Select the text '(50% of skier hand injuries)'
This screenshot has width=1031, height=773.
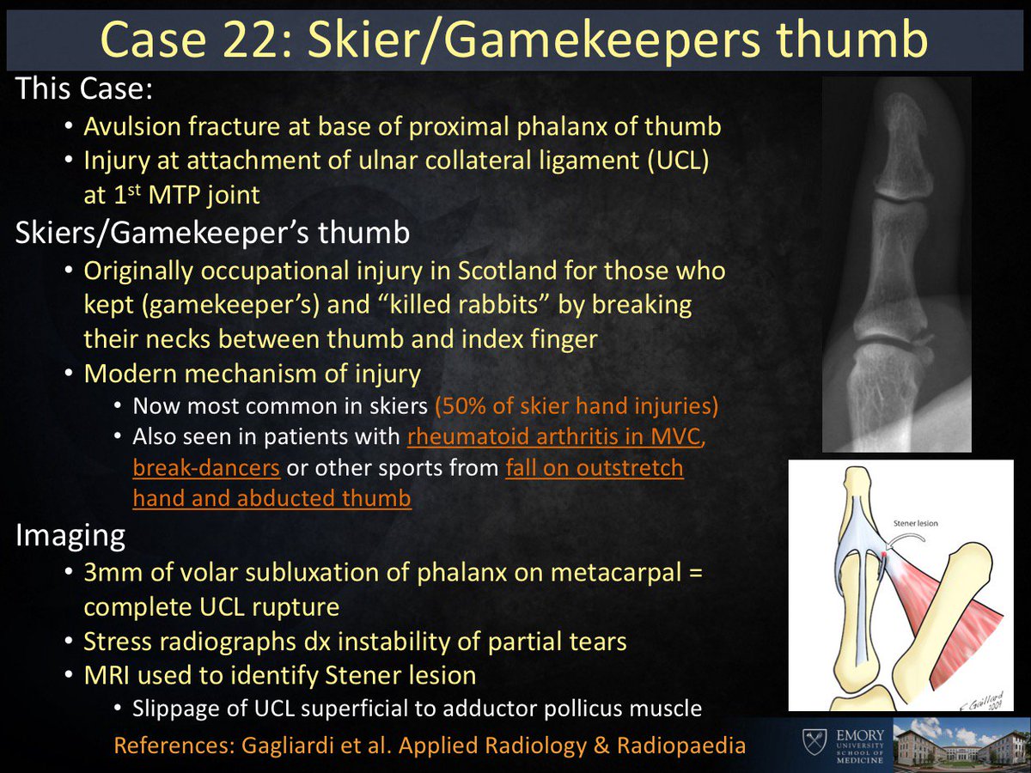tap(577, 405)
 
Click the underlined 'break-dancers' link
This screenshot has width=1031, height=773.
tap(206, 469)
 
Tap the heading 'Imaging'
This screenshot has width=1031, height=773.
tap(70, 536)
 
